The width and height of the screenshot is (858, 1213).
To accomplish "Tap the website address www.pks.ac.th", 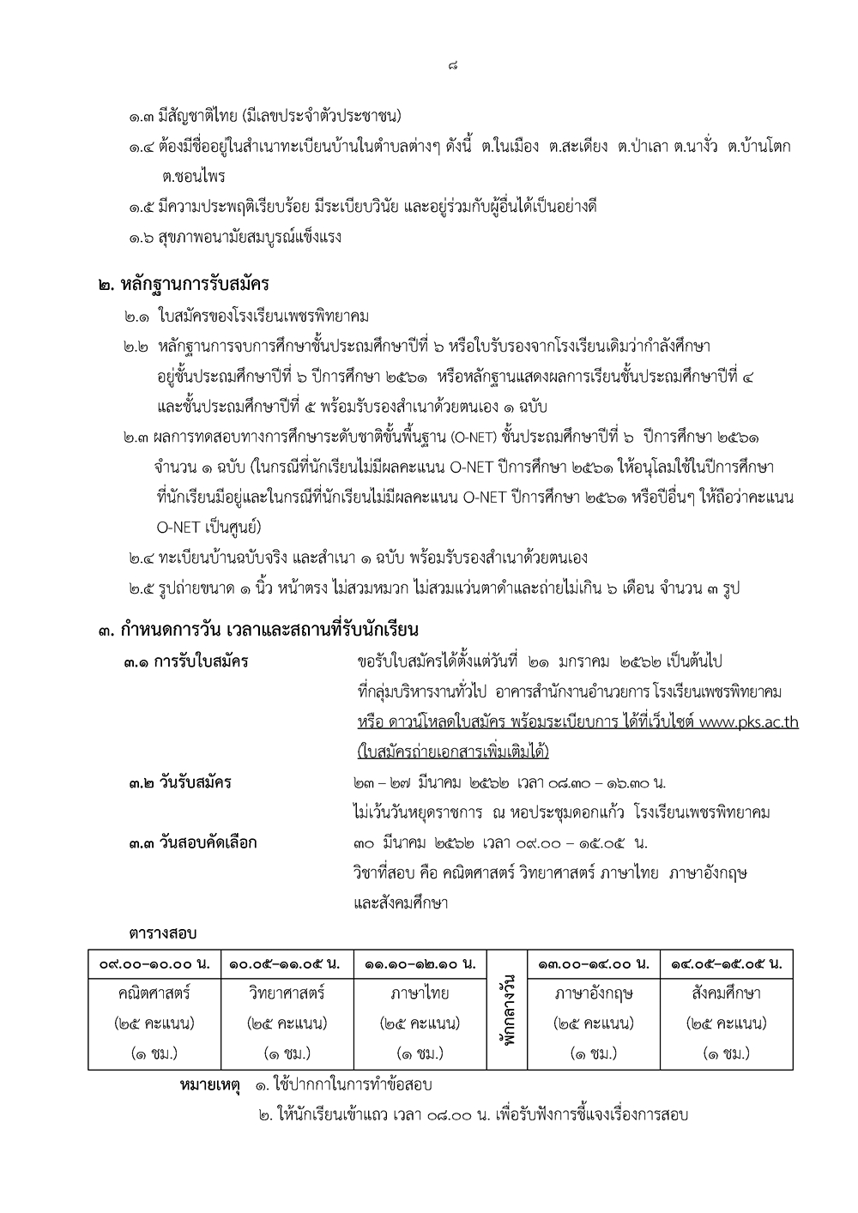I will (x=749, y=722).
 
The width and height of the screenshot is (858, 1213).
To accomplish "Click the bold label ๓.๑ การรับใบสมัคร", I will (x=189, y=661).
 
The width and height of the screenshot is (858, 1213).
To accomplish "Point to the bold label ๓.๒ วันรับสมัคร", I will (x=180, y=782).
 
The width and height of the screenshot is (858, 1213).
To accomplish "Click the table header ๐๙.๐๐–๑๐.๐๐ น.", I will (x=154, y=964).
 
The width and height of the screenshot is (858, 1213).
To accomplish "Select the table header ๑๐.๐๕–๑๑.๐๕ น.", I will (x=287, y=964).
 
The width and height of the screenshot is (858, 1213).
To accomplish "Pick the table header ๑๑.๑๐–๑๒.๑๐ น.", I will (x=420, y=964).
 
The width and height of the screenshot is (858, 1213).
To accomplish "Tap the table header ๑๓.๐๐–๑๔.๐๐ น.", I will (x=594, y=964).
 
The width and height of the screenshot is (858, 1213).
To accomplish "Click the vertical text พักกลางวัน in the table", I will (x=507, y=1010).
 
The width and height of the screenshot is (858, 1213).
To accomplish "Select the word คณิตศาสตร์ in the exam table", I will (x=154, y=993).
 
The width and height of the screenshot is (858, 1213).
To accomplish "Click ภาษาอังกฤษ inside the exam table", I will (x=594, y=993).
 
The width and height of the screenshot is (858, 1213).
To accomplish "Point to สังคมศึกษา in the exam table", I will (x=726, y=993).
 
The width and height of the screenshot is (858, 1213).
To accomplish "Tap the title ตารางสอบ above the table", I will (x=163, y=932).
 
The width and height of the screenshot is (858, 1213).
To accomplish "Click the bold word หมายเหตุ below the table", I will (x=210, y=1085).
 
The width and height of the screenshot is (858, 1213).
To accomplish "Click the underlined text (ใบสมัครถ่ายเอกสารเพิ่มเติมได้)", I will (x=452, y=751).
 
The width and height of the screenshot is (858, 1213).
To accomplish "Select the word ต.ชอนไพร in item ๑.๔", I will (x=193, y=177).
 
